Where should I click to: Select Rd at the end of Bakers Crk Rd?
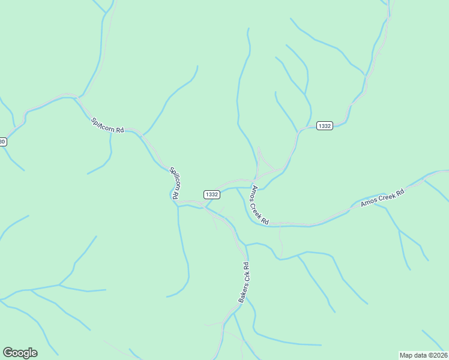point(246,266)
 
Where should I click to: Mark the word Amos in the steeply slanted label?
point(255,194)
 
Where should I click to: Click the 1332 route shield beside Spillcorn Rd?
point(212,194)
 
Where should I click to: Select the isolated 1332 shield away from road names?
point(325,125)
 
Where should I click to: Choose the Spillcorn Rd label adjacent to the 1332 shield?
point(174,182)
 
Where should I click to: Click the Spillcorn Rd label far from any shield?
point(107,125)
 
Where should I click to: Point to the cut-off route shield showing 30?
point(3,142)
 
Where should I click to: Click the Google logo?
point(20,353)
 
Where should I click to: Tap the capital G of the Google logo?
point(8,352)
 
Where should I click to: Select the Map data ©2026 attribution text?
point(423,355)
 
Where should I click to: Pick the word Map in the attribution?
point(406,355)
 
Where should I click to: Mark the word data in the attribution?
point(419,355)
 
